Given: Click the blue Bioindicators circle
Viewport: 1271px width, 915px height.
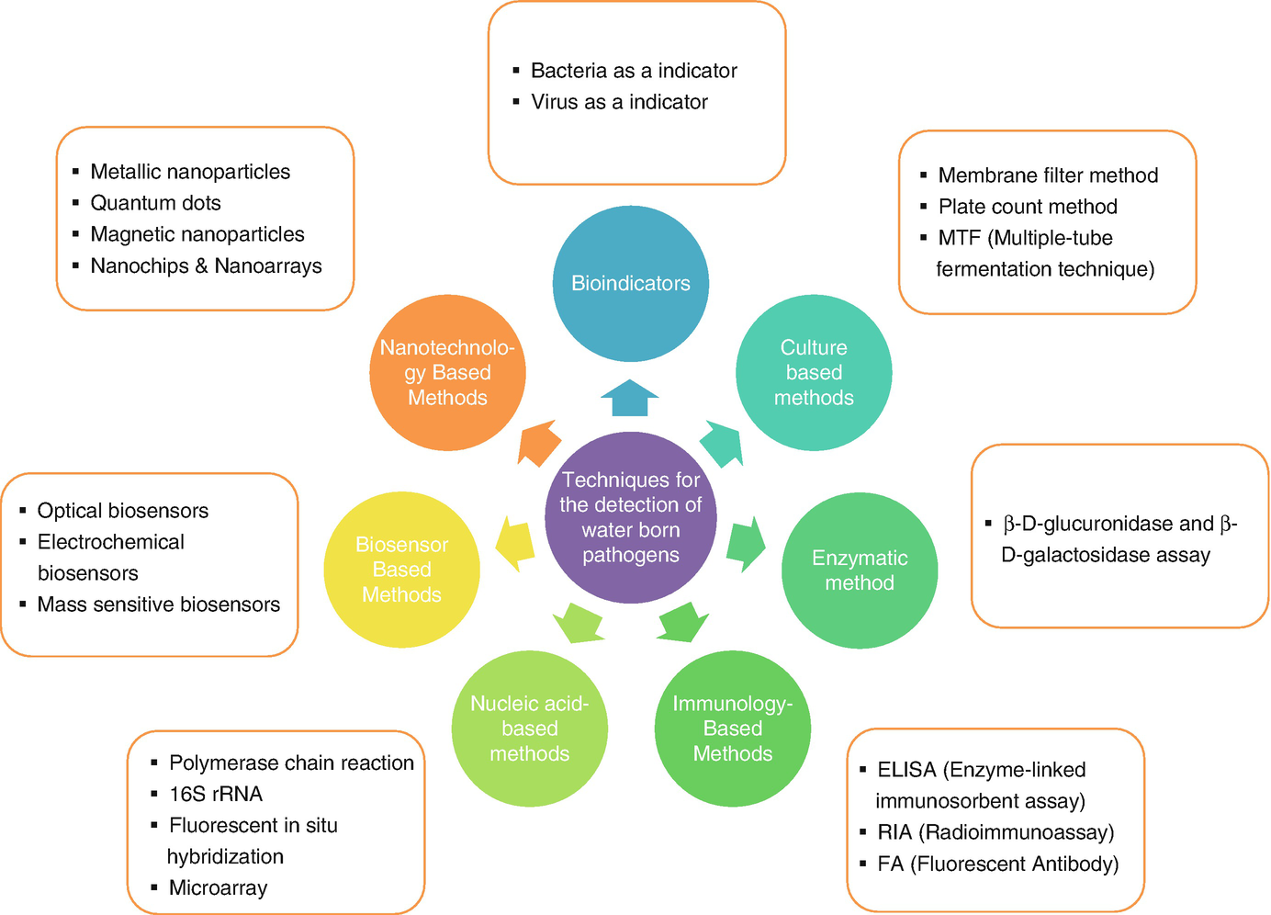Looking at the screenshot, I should click(x=631, y=283).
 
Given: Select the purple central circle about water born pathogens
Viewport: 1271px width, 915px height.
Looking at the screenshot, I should click(x=631, y=517).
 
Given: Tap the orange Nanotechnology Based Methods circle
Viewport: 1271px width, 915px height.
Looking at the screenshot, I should click(x=447, y=373).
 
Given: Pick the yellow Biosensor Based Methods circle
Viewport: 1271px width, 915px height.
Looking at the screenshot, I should click(x=401, y=570).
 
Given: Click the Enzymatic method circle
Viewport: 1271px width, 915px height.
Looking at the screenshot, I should click(x=860, y=570).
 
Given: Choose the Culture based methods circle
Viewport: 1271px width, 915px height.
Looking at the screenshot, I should click(x=814, y=373).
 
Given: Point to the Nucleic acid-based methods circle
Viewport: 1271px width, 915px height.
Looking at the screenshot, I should click(x=530, y=729).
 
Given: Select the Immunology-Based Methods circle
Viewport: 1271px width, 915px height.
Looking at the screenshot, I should click(x=733, y=729).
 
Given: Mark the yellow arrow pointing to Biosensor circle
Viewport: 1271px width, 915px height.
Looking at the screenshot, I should click(x=515, y=543).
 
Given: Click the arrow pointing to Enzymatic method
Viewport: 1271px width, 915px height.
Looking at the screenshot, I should click(x=746, y=543).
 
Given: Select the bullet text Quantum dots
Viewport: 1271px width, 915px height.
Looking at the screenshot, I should click(x=155, y=203).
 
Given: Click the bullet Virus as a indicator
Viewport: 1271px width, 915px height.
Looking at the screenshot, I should click(x=619, y=102).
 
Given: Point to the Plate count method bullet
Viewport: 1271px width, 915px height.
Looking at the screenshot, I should click(x=1027, y=207).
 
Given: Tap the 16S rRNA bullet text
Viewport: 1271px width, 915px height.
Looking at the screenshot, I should click(x=216, y=794).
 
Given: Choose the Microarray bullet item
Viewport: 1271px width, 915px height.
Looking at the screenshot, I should click(x=218, y=887).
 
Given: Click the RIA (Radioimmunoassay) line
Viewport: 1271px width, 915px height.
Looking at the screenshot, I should click(x=995, y=832).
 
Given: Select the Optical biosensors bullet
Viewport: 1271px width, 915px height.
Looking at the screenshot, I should click(x=122, y=511).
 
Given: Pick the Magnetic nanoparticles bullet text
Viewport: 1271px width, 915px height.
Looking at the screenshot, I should click(x=197, y=234).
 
